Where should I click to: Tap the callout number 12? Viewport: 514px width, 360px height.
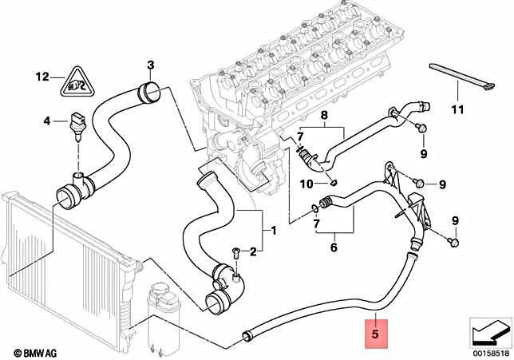(42, 77)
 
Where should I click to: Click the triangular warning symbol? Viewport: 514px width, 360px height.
(77, 80)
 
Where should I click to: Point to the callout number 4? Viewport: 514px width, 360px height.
(47, 121)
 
